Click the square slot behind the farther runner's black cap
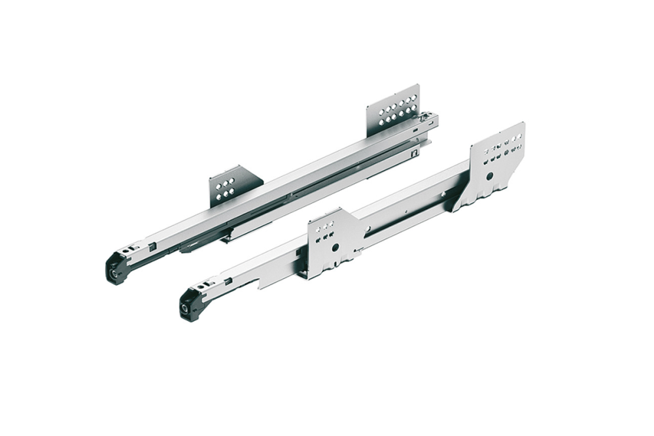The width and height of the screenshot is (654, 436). tap(152, 248)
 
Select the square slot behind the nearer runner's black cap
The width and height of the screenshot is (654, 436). tap(226, 282)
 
